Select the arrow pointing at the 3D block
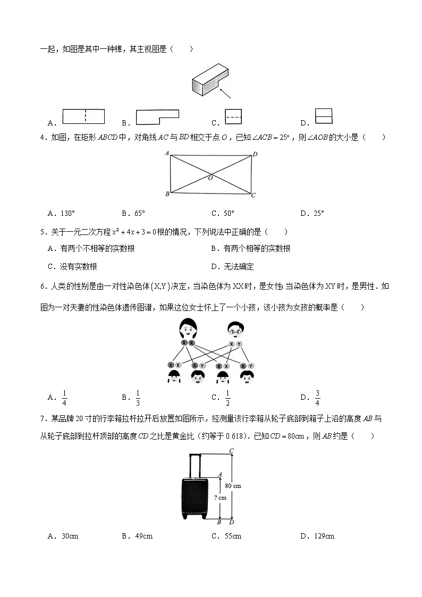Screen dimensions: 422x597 tap(225, 94)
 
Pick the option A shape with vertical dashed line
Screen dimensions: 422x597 tap(84, 116)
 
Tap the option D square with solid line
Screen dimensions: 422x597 tap(323, 116)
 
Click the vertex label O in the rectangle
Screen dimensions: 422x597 tap(210, 178)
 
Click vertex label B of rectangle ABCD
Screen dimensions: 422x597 tap(167, 194)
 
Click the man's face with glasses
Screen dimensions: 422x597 tap(234, 330)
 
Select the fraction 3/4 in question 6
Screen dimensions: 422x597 tap(317, 397)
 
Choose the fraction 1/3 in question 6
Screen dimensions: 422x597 tap(138, 397)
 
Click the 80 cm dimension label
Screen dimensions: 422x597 tap(233, 485)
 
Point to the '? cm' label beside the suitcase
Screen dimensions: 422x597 tap(220, 498)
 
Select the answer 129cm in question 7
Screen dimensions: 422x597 tap(324, 536)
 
